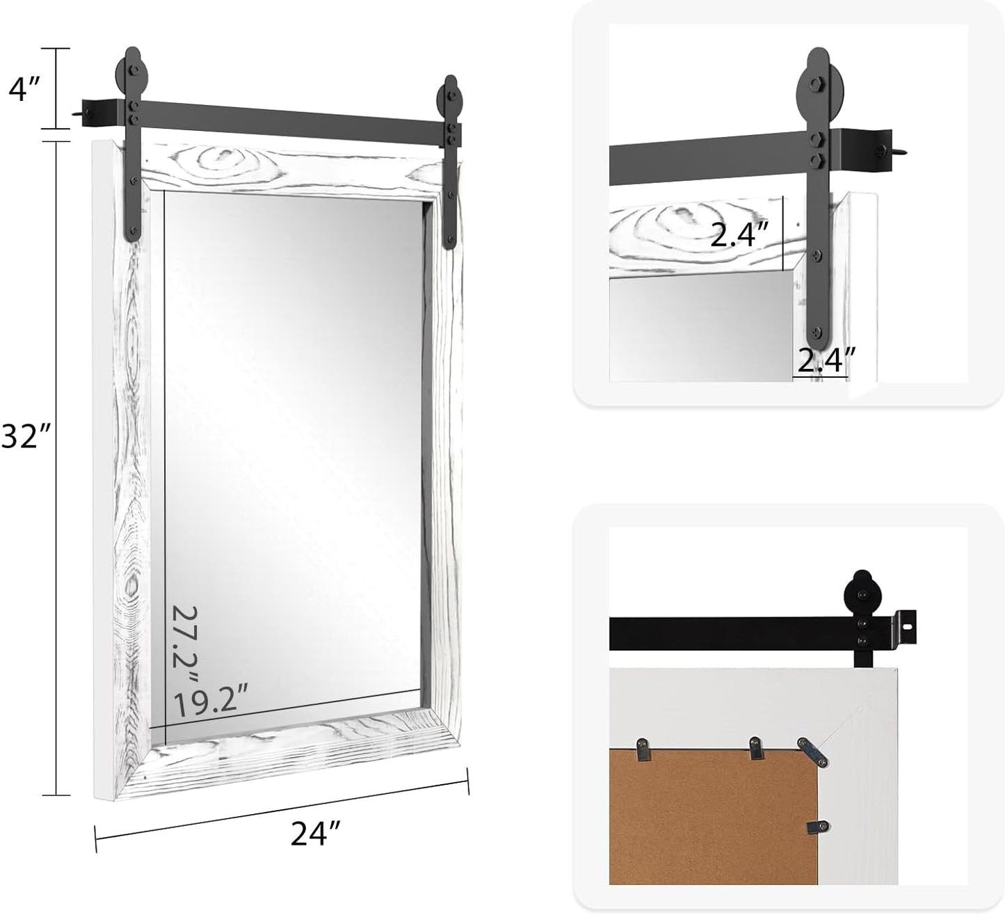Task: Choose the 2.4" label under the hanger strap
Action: [x=826, y=360]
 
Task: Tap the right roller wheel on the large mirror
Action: [x=449, y=93]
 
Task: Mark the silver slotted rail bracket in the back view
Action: [x=904, y=623]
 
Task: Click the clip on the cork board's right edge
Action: [x=815, y=827]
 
